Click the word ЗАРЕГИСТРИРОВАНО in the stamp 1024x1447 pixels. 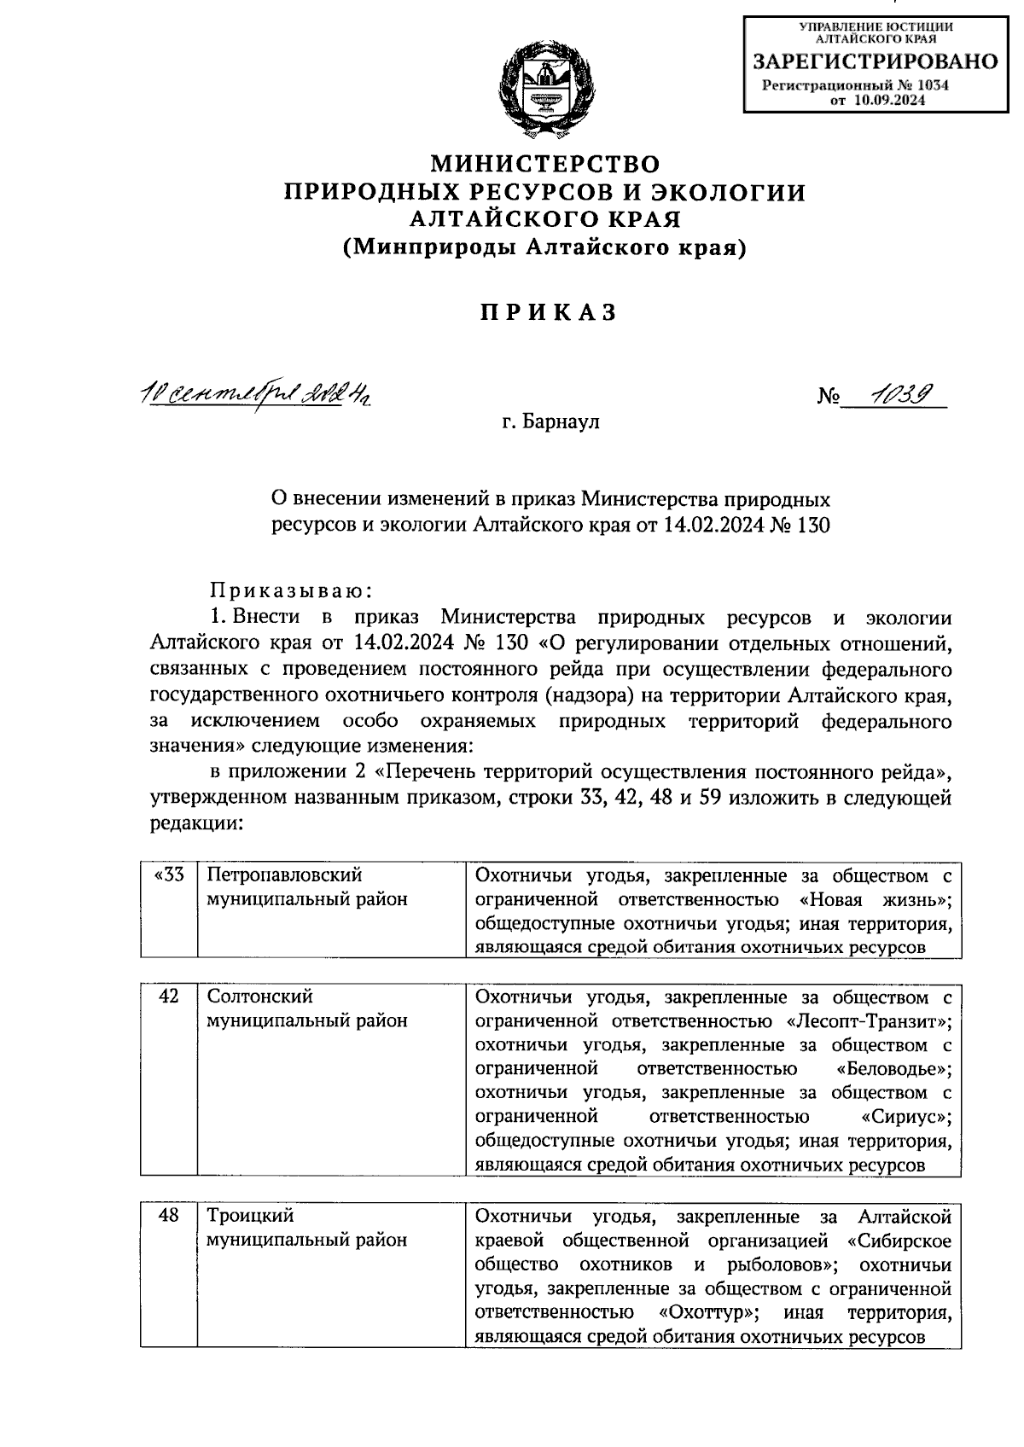coord(874,61)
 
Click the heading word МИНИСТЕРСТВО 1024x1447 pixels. coord(544,162)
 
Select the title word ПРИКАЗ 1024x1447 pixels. coord(546,313)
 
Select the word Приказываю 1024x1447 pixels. coord(290,590)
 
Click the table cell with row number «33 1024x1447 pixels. coord(168,875)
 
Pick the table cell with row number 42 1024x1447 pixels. coord(168,996)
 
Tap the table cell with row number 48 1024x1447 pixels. coord(168,1216)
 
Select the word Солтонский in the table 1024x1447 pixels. coord(260,997)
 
